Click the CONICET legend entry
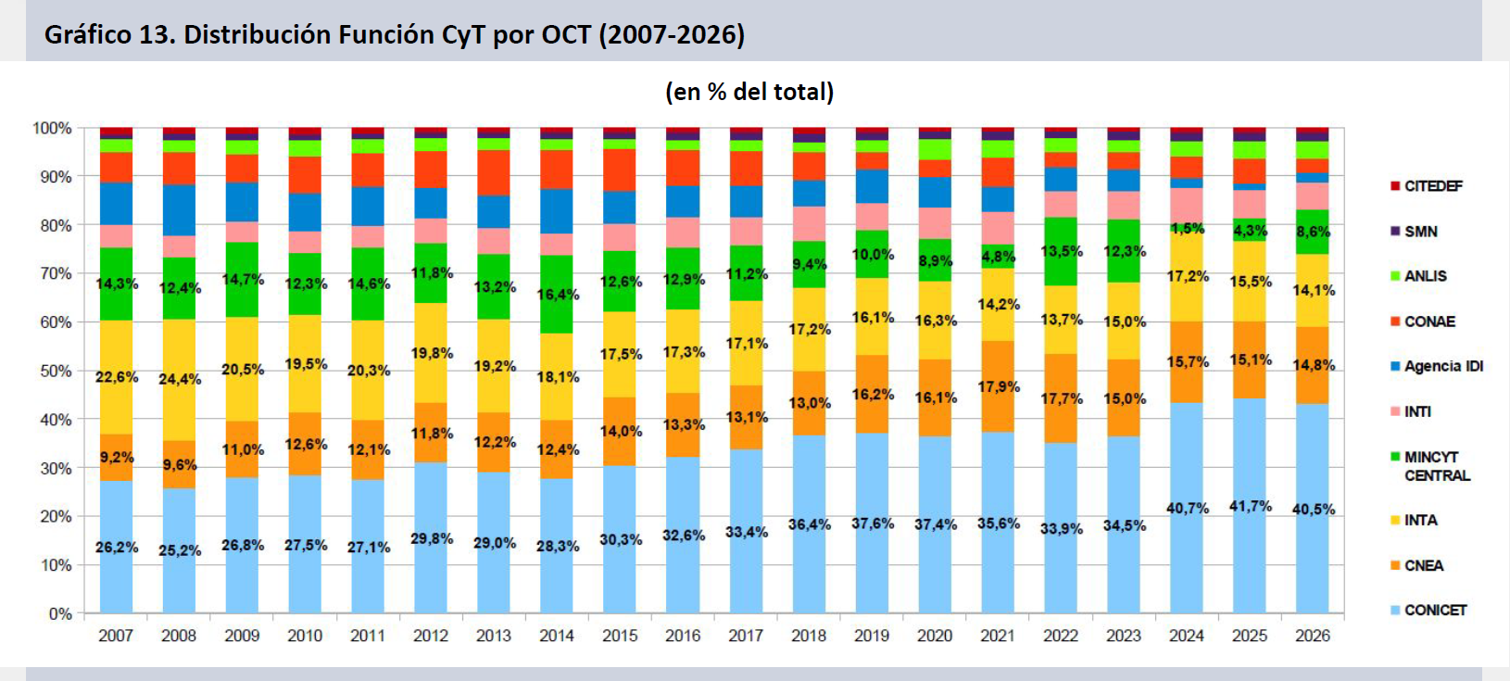tap(1435, 611)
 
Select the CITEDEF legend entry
tap(1432, 186)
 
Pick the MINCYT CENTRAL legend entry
tap(1436, 466)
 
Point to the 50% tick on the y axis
tap(56, 371)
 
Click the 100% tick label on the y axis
tap(52, 128)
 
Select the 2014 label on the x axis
tap(557, 636)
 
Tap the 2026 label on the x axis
tap(1313, 636)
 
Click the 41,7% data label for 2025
tap(1251, 506)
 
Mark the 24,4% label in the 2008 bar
tap(180, 379)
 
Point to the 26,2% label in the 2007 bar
tap(117, 548)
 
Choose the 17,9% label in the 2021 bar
tap(999, 386)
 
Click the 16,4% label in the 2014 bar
tap(558, 295)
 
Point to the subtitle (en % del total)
tap(749, 92)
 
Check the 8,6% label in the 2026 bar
tap(1314, 232)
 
